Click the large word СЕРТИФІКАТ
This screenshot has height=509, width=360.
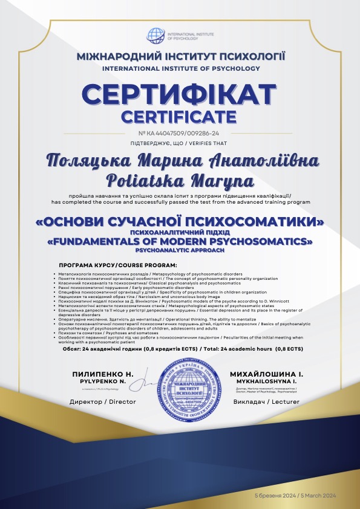point(180,95)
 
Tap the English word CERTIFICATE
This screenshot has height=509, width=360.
point(180,115)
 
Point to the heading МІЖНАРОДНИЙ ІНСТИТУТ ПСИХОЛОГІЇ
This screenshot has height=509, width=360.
point(180,57)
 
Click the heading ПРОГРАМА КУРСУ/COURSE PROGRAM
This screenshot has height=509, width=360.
point(118,265)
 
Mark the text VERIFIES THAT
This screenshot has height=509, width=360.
point(203,143)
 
